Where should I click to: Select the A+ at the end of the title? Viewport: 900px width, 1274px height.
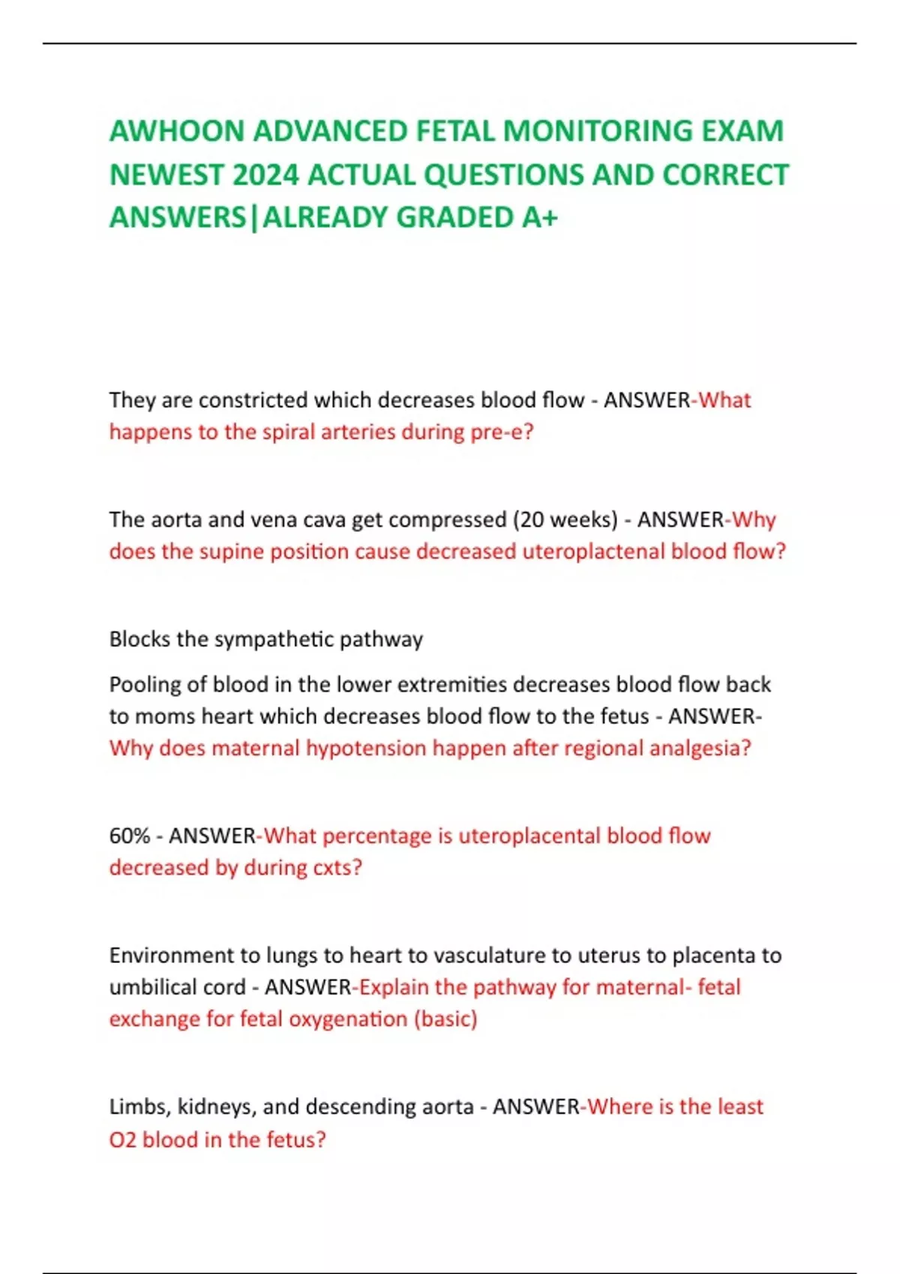pyautogui.click(x=540, y=217)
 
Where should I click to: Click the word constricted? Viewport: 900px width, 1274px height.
pyautogui.click(x=253, y=399)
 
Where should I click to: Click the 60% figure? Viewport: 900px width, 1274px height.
pyautogui.click(x=130, y=836)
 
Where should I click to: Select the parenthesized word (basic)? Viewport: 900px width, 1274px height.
pyautogui.click(x=445, y=1019)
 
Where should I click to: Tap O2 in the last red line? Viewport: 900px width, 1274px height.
pyautogui.click(x=122, y=1140)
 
